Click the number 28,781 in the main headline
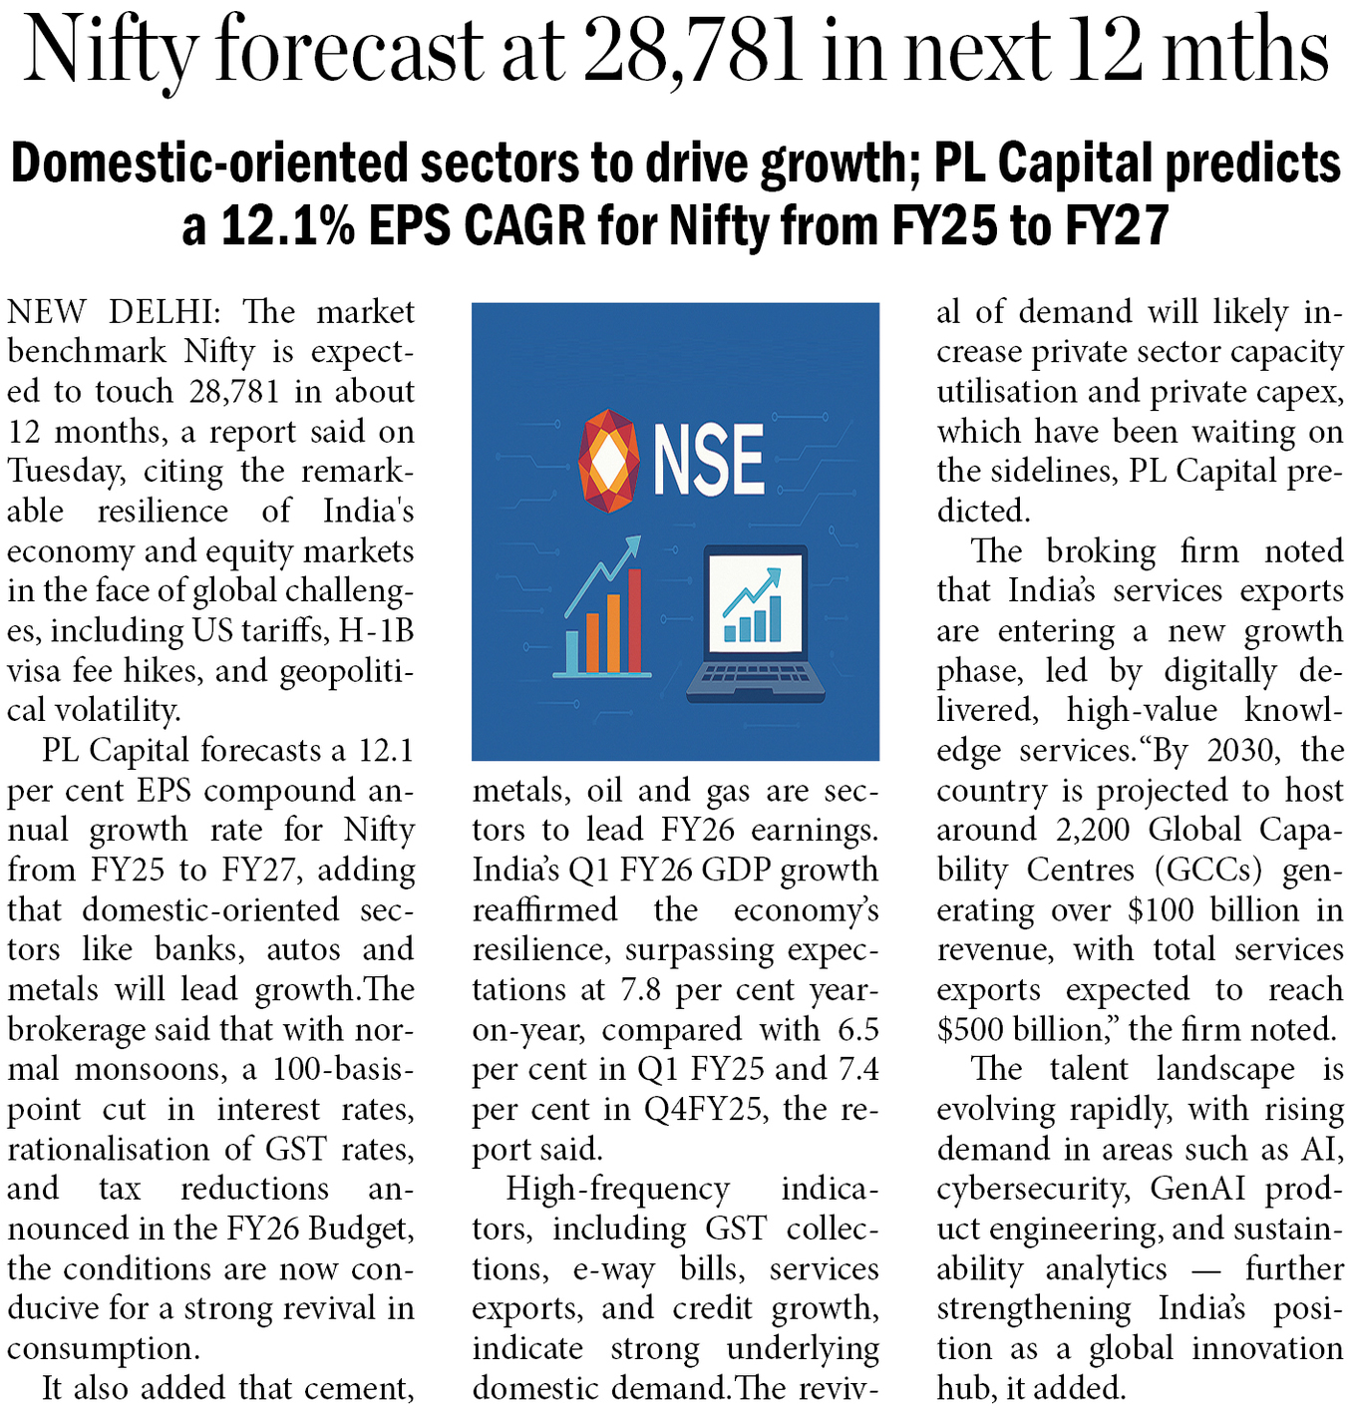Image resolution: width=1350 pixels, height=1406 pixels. tap(692, 50)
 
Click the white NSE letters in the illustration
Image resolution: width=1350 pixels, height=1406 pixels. tap(709, 460)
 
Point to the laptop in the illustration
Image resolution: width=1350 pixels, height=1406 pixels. tap(756, 623)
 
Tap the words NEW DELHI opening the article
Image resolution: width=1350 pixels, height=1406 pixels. tap(110, 312)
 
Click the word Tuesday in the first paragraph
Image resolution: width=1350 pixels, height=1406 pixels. tap(66, 472)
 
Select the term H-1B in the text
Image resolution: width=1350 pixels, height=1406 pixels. tap(376, 631)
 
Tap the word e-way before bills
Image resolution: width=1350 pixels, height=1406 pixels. tap(613, 1269)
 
